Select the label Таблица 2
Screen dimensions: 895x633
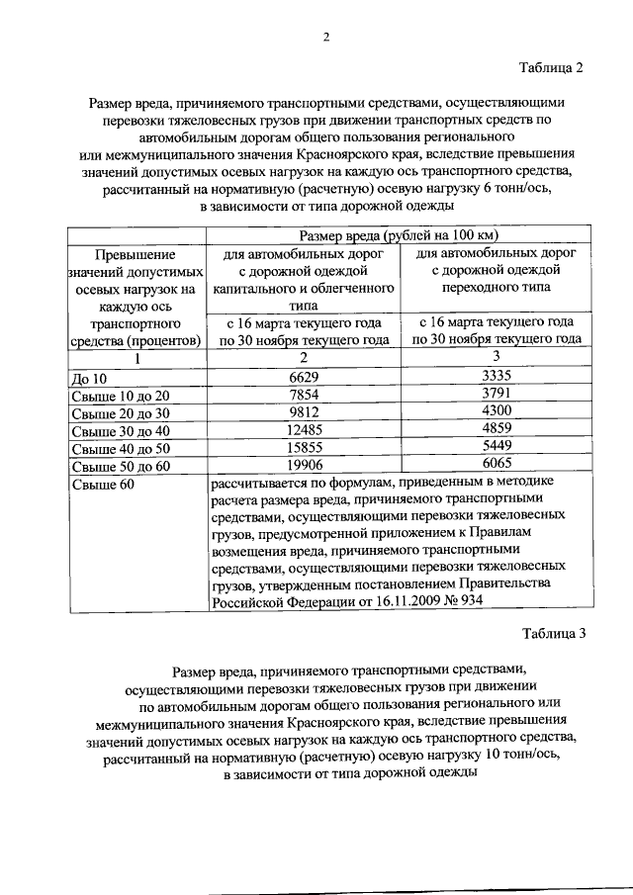click(553, 67)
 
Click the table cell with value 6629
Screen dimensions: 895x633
click(305, 376)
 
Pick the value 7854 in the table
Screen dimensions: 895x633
click(305, 394)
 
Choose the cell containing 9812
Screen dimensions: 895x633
click(305, 411)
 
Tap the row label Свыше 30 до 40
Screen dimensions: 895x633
click(122, 430)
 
